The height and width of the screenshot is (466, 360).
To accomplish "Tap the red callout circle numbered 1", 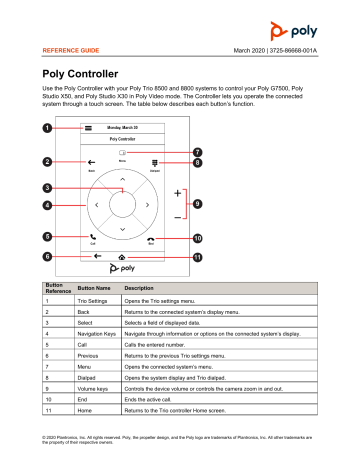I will click(x=47, y=129).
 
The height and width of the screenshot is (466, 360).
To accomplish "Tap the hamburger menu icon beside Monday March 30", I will click(x=88, y=129).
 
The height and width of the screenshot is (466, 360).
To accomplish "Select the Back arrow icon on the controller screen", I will click(x=91, y=161).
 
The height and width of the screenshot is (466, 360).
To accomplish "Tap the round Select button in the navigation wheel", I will click(x=122, y=204).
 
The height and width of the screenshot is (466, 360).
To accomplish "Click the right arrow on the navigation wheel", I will click(x=148, y=204).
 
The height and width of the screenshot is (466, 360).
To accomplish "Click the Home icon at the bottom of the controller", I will click(x=121, y=256).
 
